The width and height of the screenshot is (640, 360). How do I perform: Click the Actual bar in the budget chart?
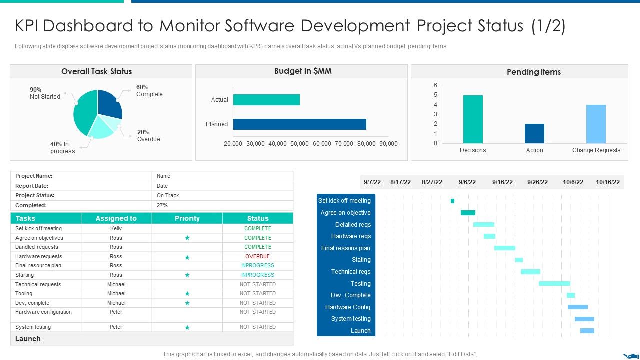coord(266,100)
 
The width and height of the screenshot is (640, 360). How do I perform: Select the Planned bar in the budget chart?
coord(299,124)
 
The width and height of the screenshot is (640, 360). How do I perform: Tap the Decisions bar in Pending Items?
coord(473,119)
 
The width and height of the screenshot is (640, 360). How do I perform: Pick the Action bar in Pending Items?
coord(534,133)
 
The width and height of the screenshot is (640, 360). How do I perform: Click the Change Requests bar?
coord(596,124)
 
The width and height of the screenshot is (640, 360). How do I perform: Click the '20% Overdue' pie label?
coord(148,136)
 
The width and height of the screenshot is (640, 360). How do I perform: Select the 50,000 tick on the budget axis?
coord(299,144)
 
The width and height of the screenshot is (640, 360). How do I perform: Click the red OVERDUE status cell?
coord(257,256)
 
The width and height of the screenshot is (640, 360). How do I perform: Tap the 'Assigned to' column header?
coord(116,218)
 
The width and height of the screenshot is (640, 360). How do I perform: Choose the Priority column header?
coord(187,218)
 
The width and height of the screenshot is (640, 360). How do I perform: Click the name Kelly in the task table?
coord(116,228)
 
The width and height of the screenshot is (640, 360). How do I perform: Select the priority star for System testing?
coord(187,327)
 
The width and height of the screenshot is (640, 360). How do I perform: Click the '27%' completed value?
coord(162,205)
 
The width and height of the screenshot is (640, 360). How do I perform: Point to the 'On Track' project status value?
coord(168,195)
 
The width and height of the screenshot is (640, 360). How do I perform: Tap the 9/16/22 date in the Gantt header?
coord(502,182)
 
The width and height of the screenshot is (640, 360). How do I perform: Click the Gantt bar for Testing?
coord(554,283)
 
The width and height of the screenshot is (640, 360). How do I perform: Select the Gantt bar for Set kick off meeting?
coord(452,201)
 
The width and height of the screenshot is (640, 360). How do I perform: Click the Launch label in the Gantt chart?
coord(360,331)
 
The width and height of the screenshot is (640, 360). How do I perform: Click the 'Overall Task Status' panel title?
coord(96,71)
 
